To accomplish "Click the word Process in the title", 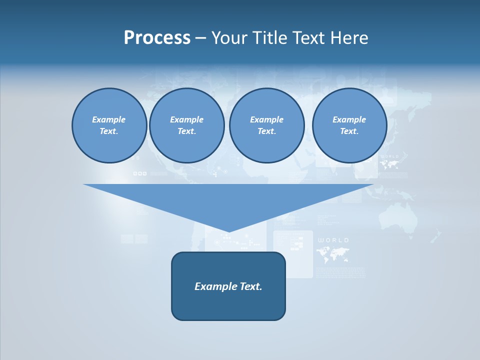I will tap(157, 38).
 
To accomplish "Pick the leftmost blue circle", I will tap(109, 125).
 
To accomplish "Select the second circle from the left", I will tap(187, 125).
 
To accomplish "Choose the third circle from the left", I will tap(266, 125).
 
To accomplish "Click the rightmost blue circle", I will tap(349, 125).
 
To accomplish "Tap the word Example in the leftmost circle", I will tap(108, 119).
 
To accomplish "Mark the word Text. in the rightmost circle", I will tap(349, 131).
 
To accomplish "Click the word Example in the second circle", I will tap(186, 119).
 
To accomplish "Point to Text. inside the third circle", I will tap(266, 131).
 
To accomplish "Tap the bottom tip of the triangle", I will tap(228, 230).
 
